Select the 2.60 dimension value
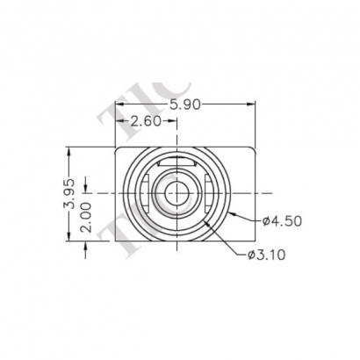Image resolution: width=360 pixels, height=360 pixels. [x=146, y=121]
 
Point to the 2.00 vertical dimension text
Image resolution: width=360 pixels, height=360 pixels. [x=86, y=217]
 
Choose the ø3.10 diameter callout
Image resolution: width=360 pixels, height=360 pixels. [x=267, y=255]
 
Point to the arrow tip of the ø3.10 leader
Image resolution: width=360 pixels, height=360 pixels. [x=203, y=220]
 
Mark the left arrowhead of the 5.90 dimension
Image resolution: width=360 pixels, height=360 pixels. [x=117, y=104]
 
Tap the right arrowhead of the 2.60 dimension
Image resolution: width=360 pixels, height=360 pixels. [x=176, y=122]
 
